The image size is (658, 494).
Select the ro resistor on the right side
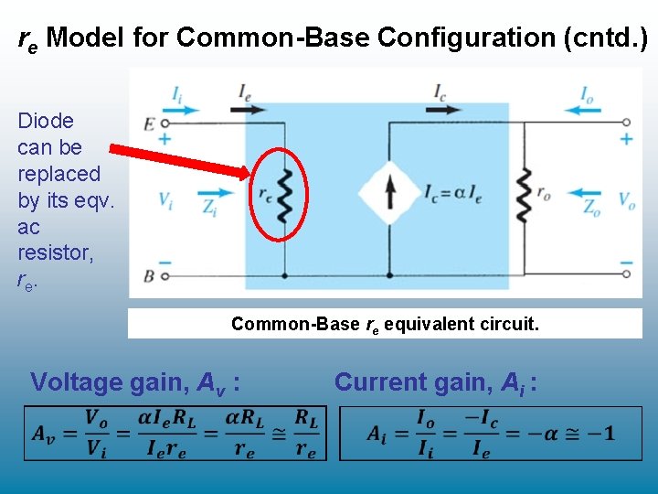click(523, 194)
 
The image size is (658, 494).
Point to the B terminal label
click(148, 274)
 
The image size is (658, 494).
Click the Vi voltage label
click(165, 199)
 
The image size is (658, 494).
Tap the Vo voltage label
click(627, 199)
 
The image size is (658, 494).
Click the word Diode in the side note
click(46, 121)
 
